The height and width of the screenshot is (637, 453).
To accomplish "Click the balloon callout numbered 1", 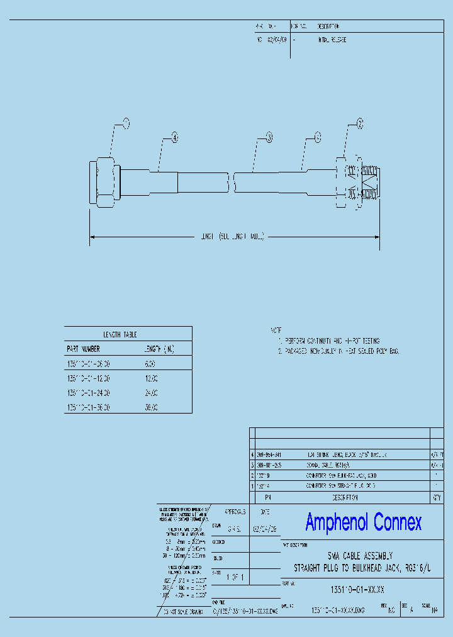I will click(126, 123).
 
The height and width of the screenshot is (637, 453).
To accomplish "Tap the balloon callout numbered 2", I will click(360, 124).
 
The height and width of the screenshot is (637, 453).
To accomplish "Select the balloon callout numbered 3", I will click(269, 137).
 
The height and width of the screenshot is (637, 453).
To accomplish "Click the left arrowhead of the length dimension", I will click(92, 237).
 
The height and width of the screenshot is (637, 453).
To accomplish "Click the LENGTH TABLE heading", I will click(120, 334).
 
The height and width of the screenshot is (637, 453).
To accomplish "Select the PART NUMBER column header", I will click(83, 348).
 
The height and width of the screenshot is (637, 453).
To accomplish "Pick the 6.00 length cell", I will click(150, 364).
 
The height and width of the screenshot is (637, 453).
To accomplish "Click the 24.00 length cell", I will click(150, 393).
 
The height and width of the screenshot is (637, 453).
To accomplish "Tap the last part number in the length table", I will click(89, 407).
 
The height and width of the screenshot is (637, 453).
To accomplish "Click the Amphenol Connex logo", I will click(363, 522).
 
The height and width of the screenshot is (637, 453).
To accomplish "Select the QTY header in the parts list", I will click(436, 497).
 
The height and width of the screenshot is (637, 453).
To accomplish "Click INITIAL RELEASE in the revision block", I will click(331, 40).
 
